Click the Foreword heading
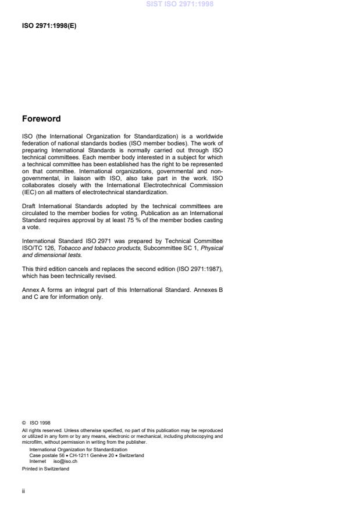click(x=41, y=119)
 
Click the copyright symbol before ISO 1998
click(x=24, y=423)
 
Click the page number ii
click(x=23, y=491)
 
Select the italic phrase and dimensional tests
click(x=52, y=255)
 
